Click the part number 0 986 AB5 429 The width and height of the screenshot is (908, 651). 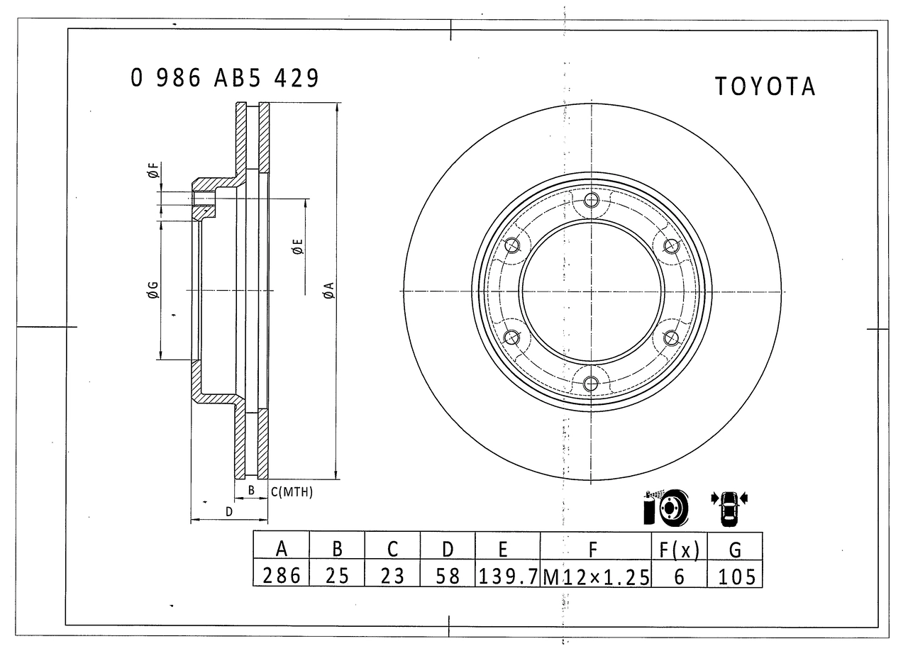225,78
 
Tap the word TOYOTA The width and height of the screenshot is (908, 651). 765,87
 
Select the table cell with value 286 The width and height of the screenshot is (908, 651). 282,576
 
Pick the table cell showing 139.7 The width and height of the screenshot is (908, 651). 508,576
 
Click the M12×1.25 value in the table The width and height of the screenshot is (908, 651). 596,577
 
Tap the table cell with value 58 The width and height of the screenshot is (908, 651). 448,576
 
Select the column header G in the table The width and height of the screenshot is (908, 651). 736,550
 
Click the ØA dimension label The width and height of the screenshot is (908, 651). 329,290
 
